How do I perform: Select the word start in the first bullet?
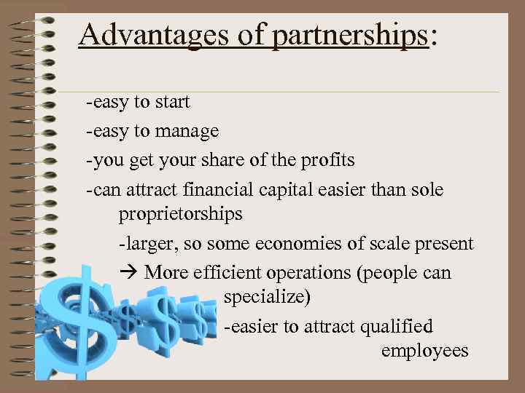coord(172,102)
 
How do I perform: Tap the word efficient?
coord(220,273)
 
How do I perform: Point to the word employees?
coord(424,351)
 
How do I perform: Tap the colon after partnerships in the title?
coord(435,36)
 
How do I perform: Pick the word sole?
coord(427,189)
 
